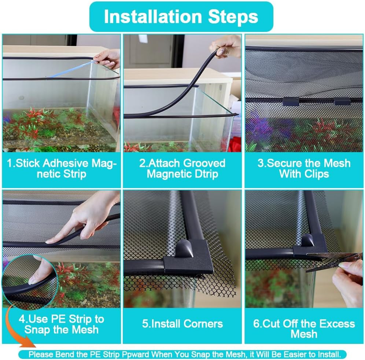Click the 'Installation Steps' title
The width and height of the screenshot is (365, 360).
coord(181,17)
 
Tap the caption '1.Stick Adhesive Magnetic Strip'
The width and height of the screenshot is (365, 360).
coord(62,168)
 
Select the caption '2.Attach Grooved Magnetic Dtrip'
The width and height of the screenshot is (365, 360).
coord(182,168)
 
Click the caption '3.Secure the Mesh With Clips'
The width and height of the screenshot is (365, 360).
coord(304,168)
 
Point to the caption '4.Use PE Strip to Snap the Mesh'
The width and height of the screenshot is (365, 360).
coord(62,324)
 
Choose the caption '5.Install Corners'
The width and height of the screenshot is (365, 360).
coord(182,324)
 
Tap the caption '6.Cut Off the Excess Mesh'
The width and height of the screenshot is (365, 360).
coord(304,329)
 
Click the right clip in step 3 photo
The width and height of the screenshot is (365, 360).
coord(343,101)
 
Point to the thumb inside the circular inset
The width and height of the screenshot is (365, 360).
coord(40,273)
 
